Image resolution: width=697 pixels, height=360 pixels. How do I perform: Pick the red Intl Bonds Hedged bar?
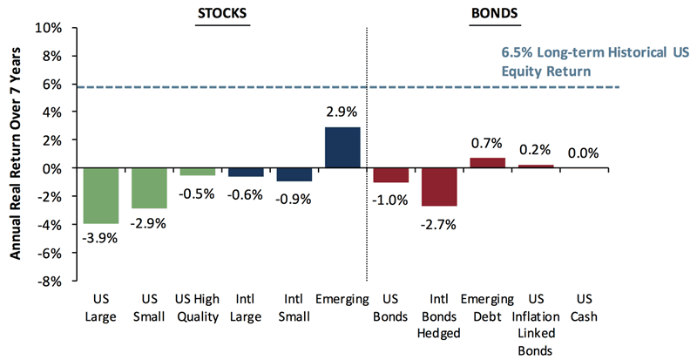pos(439,187)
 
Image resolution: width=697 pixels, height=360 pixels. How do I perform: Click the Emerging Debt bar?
pos(487,162)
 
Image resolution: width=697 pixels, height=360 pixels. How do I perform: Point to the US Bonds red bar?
pos(390,174)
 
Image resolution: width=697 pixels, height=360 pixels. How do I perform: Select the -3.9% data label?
pos(100,236)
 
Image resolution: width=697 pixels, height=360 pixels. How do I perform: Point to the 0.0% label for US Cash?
pos(584,153)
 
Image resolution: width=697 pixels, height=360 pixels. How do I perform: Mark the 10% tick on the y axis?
pos(49,28)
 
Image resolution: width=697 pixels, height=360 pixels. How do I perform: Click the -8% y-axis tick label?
pos(49,282)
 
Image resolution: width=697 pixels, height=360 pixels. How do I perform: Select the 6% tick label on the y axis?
pos(52,85)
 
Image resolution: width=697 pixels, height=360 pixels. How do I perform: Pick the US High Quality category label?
pos(197,309)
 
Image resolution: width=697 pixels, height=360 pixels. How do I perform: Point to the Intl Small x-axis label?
pos(294,309)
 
